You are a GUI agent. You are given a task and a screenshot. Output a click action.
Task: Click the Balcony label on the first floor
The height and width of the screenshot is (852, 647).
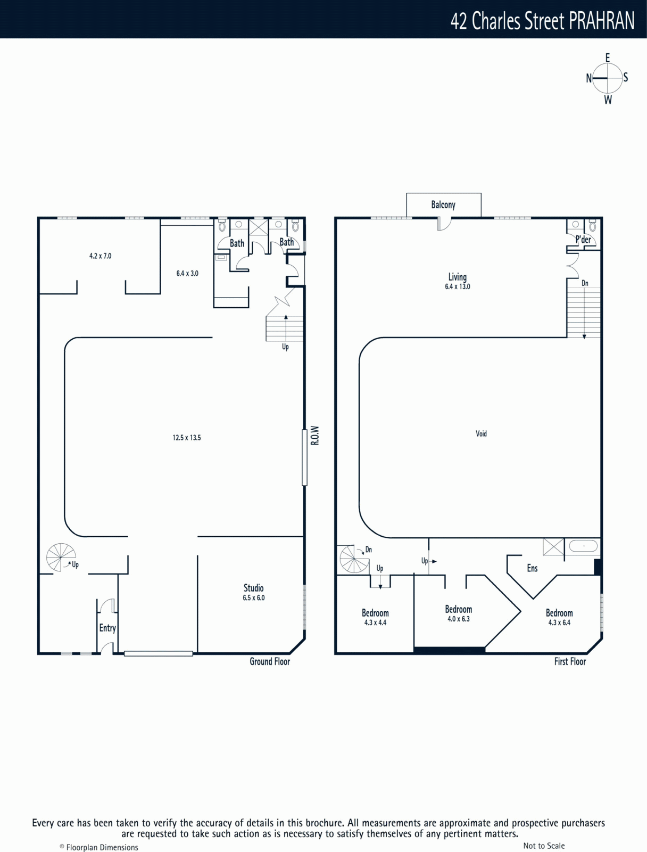click(x=443, y=205)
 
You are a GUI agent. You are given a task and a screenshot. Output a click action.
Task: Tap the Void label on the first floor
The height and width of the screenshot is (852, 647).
click(x=481, y=433)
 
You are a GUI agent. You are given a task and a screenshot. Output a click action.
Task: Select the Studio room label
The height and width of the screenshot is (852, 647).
click(x=253, y=588)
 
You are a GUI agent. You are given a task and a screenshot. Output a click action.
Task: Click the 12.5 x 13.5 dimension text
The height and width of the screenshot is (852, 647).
click(x=187, y=438)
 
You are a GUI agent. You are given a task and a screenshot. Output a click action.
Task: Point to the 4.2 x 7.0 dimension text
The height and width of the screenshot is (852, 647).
click(x=101, y=256)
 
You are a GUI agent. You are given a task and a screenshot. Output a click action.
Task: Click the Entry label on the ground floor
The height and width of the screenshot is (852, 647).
click(x=107, y=628)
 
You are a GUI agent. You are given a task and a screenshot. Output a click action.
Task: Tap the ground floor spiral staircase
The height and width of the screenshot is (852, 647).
click(x=61, y=558)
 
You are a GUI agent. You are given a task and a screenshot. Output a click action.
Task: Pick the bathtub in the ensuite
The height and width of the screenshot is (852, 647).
click(x=583, y=546)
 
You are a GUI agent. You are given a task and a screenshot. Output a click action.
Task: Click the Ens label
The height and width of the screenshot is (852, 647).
click(x=532, y=568)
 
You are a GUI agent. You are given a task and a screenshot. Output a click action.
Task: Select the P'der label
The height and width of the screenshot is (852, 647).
click(x=583, y=240)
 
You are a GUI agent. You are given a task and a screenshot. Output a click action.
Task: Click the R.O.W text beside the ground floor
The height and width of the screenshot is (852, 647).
click(x=315, y=436)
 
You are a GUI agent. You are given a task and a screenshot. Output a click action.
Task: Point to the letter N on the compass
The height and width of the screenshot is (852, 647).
click(x=589, y=78)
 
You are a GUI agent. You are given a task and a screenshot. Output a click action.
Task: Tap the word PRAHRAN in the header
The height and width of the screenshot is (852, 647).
click(x=601, y=21)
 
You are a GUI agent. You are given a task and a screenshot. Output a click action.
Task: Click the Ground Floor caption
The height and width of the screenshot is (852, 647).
click(x=270, y=661)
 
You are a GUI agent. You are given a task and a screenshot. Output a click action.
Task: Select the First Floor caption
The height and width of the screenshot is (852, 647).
click(x=570, y=661)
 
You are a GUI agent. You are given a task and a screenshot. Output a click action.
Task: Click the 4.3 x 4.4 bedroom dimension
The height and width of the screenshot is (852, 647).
click(x=375, y=622)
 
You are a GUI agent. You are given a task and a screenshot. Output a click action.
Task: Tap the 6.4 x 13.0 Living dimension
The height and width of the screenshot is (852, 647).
click(x=458, y=286)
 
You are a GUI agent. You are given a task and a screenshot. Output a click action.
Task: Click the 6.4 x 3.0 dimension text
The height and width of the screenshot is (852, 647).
click(x=187, y=273)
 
